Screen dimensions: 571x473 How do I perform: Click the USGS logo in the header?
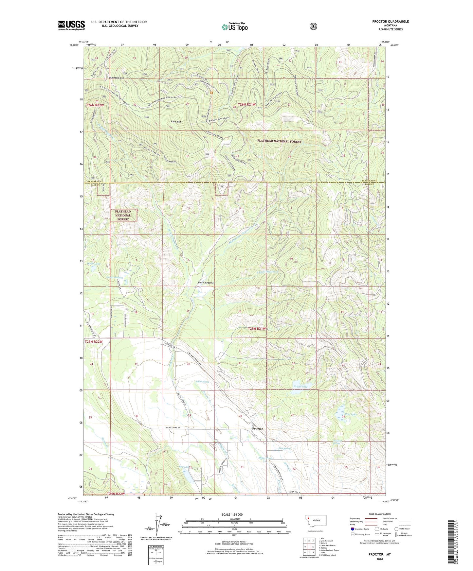click(x=71, y=25)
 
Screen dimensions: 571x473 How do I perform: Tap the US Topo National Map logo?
click(x=235, y=27)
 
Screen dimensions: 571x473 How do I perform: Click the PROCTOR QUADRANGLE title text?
click(x=390, y=22)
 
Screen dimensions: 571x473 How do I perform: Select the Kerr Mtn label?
click(x=176, y=122)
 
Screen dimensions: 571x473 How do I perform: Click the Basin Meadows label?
click(x=206, y=283)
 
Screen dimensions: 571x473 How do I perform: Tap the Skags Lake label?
click(x=300, y=387)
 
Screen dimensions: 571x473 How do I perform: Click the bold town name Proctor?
click(x=257, y=428)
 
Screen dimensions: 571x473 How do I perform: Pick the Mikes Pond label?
click(x=265, y=458)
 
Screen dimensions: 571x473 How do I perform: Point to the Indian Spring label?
click(x=202, y=382)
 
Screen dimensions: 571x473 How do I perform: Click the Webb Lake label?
click(x=94, y=264)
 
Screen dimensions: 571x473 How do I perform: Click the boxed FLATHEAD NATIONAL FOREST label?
click(x=123, y=216)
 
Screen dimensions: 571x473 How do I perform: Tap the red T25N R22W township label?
click(x=94, y=342)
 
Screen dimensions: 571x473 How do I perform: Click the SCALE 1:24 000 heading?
click(x=232, y=514)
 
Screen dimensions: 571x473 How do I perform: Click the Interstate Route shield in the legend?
click(x=352, y=529)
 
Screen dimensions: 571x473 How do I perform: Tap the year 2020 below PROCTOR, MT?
click(x=380, y=559)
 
